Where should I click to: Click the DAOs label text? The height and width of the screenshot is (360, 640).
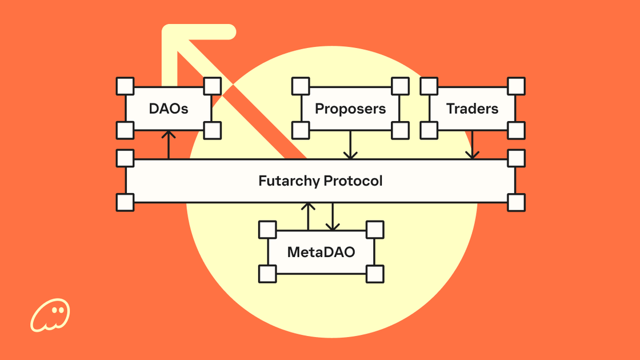[x=169, y=109]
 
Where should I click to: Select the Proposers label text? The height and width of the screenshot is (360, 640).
[x=350, y=109]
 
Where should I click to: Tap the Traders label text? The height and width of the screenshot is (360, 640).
[x=472, y=109]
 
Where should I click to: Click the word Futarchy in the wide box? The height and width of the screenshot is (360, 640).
[x=289, y=182]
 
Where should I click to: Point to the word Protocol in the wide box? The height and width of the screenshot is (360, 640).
[x=353, y=182]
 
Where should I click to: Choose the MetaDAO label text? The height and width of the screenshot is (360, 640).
[x=321, y=252]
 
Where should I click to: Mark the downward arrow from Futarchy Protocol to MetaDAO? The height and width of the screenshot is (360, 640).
[x=333, y=217]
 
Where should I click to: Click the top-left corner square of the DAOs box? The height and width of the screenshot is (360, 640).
[x=125, y=86]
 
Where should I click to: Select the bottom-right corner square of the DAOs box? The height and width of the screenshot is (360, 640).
[x=212, y=130]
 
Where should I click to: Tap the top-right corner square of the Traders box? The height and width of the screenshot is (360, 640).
[x=516, y=86]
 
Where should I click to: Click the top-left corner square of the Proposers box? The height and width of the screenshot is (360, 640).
[x=301, y=86]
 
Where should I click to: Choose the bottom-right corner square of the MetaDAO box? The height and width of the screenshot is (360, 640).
[x=375, y=274]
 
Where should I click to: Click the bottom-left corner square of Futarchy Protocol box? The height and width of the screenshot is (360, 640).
[x=125, y=202]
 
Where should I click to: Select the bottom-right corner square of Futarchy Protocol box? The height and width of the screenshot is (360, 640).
[x=516, y=202]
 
